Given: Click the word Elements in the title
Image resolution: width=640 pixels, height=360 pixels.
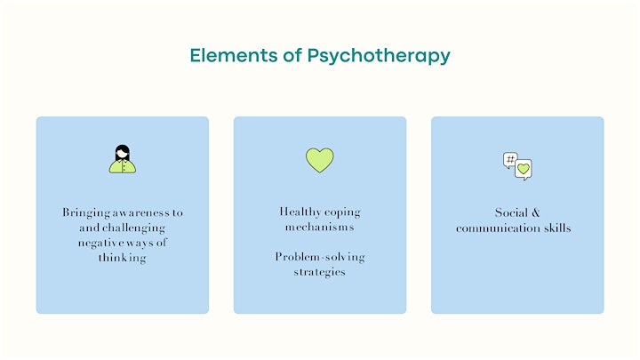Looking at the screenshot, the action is click(x=234, y=55).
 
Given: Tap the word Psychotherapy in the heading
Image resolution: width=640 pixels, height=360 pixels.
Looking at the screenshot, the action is click(x=379, y=56).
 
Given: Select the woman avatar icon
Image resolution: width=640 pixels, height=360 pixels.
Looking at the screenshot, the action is click(x=123, y=159).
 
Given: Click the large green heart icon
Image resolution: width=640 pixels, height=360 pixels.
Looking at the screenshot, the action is click(x=320, y=160).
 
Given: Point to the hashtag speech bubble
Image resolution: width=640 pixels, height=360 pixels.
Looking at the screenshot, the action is click(x=510, y=160).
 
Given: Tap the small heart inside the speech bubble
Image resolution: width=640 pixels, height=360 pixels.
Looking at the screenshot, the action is click(x=524, y=168).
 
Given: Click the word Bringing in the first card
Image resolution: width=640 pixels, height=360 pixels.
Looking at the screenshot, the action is click(x=86, y=213).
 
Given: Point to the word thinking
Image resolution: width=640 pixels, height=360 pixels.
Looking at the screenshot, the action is click(x=122, y=259).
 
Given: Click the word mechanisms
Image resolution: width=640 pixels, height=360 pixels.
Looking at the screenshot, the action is click(x=320, y=227).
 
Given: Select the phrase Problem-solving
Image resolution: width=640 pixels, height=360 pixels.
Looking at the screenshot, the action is click(x=320, y=258).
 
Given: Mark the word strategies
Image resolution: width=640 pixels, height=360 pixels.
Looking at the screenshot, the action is click(x=320, y=273).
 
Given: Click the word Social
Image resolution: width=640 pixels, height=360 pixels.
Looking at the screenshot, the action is click(x=511, y=212).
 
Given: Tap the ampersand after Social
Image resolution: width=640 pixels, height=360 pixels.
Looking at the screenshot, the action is click(x=535, y=212).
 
